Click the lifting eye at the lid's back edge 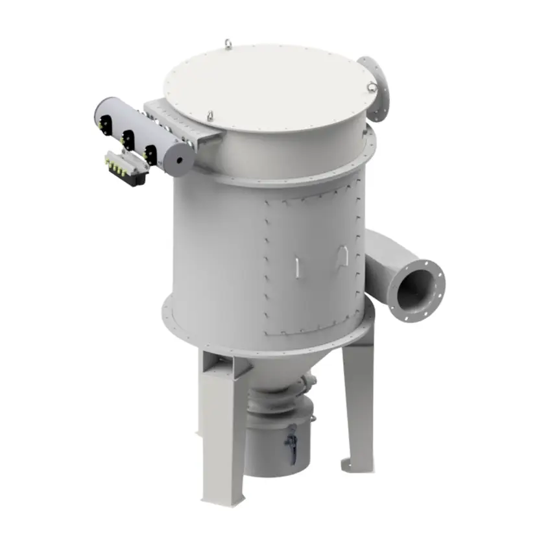click(228, 43)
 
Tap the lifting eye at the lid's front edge click(211, 116)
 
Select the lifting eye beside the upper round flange click(372, 87)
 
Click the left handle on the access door click(296, 267)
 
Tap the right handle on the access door click(343, 257)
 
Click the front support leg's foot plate click(223, 499)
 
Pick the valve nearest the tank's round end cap click(150, 154)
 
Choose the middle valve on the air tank click(128, 139)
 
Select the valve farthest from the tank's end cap click(104, 125)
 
